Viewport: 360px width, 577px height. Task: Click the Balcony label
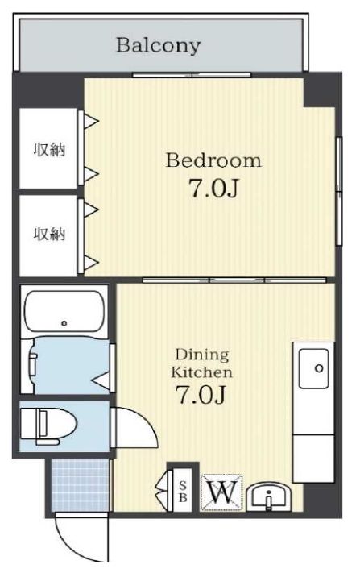pos(159,46)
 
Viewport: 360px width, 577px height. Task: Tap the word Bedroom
pos(213,160)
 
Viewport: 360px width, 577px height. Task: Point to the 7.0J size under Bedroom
pos(213,188)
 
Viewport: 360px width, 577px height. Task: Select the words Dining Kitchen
pos(201,363)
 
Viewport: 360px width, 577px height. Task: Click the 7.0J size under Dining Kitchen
pos(201,395)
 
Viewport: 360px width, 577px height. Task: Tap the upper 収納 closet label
pos(50,150)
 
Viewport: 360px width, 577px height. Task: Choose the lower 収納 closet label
pos(50,234)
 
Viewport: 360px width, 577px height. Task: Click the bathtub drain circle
pos(64,323)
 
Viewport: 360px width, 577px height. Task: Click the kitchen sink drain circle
pos(319,367)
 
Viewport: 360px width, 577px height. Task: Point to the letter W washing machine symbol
pos(221,492)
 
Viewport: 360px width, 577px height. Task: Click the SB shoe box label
pos(183,492)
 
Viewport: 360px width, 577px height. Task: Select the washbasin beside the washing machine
pos(269,496)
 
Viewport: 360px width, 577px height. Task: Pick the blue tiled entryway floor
pos(81,485)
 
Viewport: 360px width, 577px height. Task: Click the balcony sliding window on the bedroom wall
pos(192,75)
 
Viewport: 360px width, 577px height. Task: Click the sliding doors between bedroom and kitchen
pos(234,280)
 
